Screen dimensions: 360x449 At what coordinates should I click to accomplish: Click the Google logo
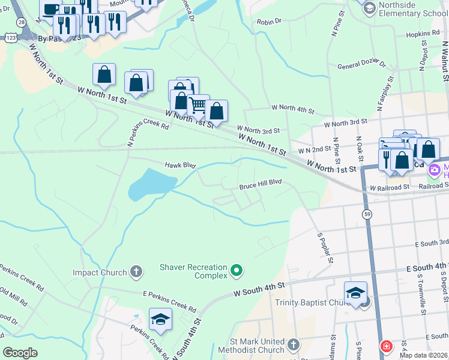click(x=20, y=353)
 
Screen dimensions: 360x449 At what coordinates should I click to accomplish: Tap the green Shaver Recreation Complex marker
click(x=237, y=271)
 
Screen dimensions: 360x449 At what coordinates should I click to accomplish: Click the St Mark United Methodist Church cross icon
click(x=293, y=344)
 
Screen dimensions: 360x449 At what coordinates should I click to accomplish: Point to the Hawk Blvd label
click(x=181, y=164)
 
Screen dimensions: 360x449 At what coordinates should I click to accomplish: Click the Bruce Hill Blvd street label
click(x=261, y=182)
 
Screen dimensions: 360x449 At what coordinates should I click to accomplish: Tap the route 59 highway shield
click(x=366, y=214)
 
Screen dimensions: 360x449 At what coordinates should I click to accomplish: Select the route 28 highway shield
click(x=22, y=22)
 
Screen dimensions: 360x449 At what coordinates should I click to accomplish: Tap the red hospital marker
click(x=387, y=346)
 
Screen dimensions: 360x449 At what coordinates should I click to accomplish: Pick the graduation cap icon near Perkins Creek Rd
click(x=160, y=319)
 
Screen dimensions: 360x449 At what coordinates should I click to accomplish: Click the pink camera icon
click(x=433, y=170)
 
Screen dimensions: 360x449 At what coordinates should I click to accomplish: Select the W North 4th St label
click(x=293, y=110)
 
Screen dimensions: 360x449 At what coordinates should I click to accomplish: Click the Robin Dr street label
click(x=269, y=21)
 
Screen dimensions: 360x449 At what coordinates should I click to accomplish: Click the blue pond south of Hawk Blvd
click(x=148, y=184)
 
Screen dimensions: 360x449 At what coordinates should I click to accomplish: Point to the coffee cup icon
click(x=50, y=9)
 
